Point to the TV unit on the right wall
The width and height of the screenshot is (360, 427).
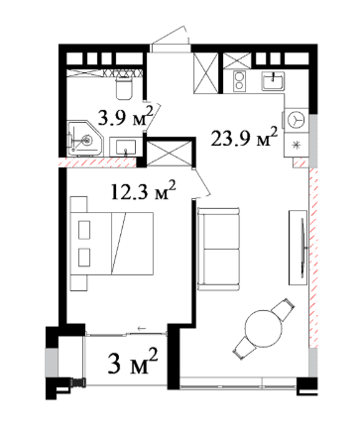click(x=297, y=244)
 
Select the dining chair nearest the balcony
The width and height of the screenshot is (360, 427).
click(x=242, y=346)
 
